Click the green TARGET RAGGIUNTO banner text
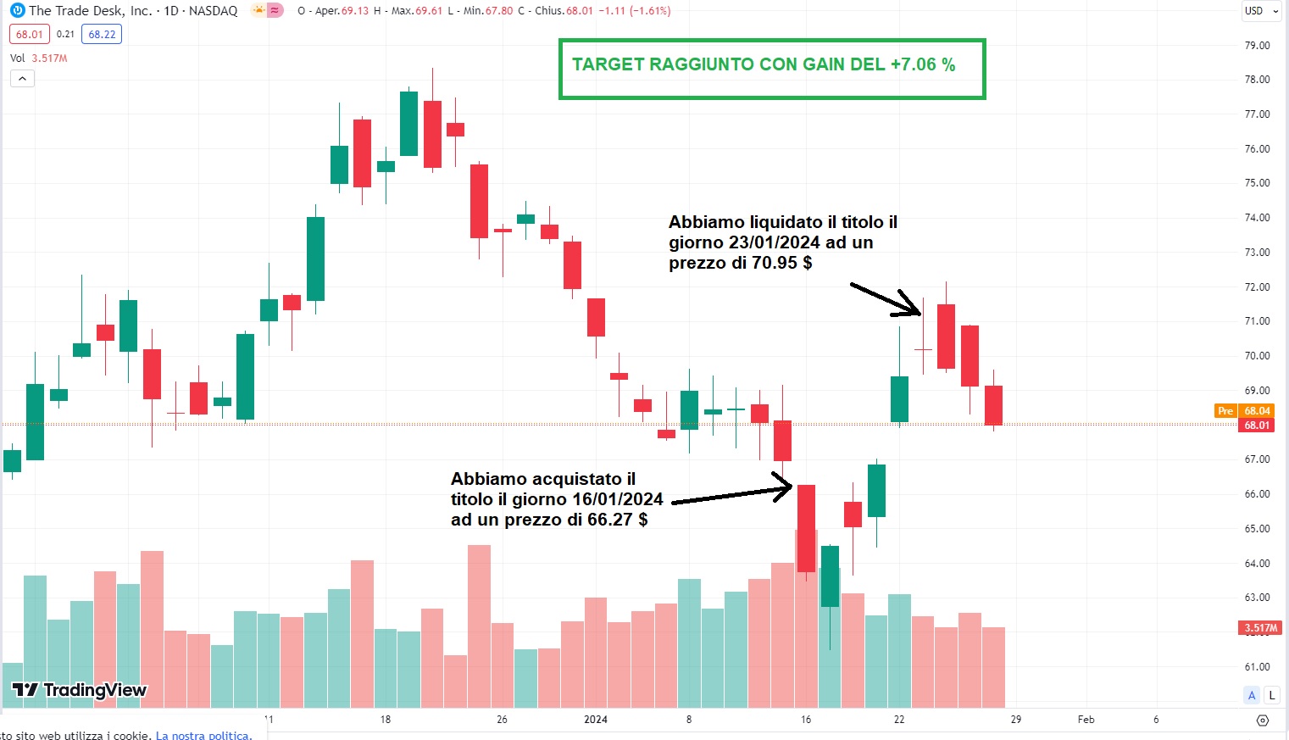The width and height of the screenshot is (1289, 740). [x=763, y=65]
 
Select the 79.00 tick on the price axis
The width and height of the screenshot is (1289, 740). [x=1257, y=46]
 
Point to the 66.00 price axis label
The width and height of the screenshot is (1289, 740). [x=1257, y=494]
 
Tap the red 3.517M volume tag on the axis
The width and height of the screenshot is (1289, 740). [x=1260, y=628]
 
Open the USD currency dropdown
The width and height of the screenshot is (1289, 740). [x=1260, y=11]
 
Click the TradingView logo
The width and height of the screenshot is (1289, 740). [x=80, y=690]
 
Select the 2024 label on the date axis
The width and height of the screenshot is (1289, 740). [x=596, y=720]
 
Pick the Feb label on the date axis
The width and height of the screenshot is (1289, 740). [x=1086, y=720]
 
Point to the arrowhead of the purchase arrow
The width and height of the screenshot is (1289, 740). [x=788, y=487]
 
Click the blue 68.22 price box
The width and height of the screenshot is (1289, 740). [x=103, y=35]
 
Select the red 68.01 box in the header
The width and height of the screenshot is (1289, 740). [x=30, y=35]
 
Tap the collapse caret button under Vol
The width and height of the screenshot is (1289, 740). [x=22, y=79]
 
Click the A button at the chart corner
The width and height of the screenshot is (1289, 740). [x=1252, y=696]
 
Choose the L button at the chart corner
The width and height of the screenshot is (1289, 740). [x=1271, y=696]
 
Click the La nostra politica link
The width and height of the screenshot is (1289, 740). [x=203, y=735]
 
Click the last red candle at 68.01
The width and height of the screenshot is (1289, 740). [x=993, y=405]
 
